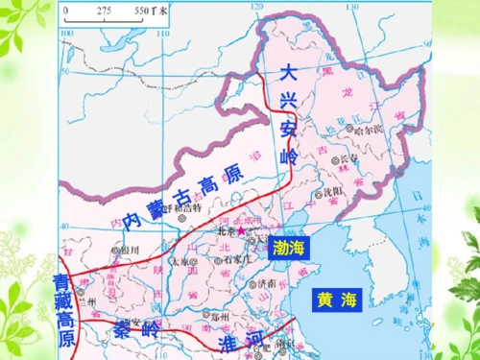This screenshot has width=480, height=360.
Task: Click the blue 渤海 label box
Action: tap(288, 246)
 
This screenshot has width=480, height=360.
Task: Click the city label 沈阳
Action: tap(332, 192)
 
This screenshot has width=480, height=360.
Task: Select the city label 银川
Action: tap(130, 250)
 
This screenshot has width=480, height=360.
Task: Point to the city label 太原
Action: tap(183, 261)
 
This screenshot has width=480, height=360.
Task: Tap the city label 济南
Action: tap(267, 285)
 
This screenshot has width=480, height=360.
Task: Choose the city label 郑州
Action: tap(222, 315)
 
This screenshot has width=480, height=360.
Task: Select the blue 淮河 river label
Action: tap(240, 344)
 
